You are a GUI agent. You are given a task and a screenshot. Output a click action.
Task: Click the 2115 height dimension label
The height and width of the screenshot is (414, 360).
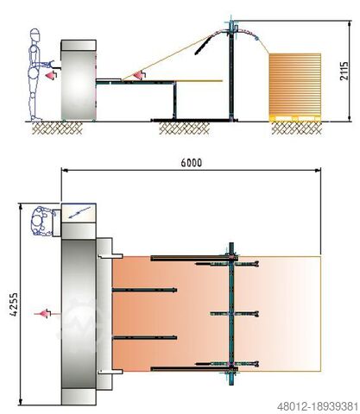pyautogui.click(x=344, y=71)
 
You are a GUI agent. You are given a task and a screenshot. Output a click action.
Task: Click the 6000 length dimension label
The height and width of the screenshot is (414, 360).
pyautogui.click(x=192, y=163)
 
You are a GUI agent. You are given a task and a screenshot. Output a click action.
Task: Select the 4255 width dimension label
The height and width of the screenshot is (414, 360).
pyautogui.click(x=14, y=304)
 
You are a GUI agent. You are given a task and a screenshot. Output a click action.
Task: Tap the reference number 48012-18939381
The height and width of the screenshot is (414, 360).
pyautogui.click(x=318, y=407)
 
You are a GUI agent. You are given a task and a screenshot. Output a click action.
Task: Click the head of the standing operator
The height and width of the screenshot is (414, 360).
pyautogui.click(x=35, y=34)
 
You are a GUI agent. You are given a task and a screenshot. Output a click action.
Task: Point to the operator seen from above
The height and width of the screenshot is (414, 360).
pyautogui.click(x=42, y=221)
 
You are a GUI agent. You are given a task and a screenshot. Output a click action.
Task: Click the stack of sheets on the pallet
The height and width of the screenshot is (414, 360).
pyautogui.click(x=295, y=84)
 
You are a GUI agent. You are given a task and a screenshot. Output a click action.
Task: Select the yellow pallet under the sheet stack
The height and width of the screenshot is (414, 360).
pyautogui.click(x=295, y=118)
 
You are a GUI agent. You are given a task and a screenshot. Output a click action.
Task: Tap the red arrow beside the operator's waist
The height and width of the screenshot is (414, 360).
pyautogui.click(x=52, y=74)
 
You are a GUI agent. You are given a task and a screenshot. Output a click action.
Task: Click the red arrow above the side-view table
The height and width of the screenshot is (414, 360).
pyautogui.click(x=140, y=74)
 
